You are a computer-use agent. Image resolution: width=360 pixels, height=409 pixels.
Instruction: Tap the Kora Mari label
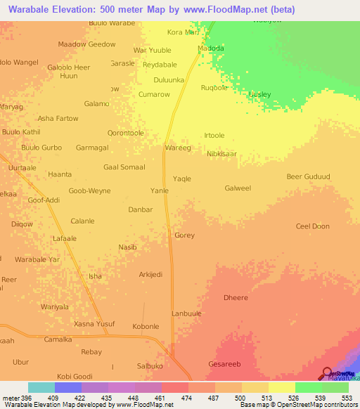click(183, 32)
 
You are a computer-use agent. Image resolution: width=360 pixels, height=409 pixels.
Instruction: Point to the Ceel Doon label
click(312, 226)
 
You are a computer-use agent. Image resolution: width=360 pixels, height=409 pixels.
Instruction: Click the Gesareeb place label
click(225, 364)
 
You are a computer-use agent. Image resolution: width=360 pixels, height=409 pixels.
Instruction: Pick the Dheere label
click(236, 298)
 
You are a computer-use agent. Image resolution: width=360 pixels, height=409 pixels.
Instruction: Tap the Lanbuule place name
click(187, 313)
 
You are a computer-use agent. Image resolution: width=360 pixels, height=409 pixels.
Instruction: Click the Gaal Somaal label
click(124, 167)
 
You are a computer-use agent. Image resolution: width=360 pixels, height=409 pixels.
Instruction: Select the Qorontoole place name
click(125, 133)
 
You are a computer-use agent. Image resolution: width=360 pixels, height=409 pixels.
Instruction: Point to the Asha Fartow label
click(58, 118)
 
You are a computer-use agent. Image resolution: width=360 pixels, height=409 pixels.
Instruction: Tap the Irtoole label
click(214, 136)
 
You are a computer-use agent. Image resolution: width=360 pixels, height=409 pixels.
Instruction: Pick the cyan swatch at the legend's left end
click(41, 387)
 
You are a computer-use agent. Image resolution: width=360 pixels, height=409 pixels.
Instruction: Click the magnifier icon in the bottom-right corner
click(328, 373)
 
